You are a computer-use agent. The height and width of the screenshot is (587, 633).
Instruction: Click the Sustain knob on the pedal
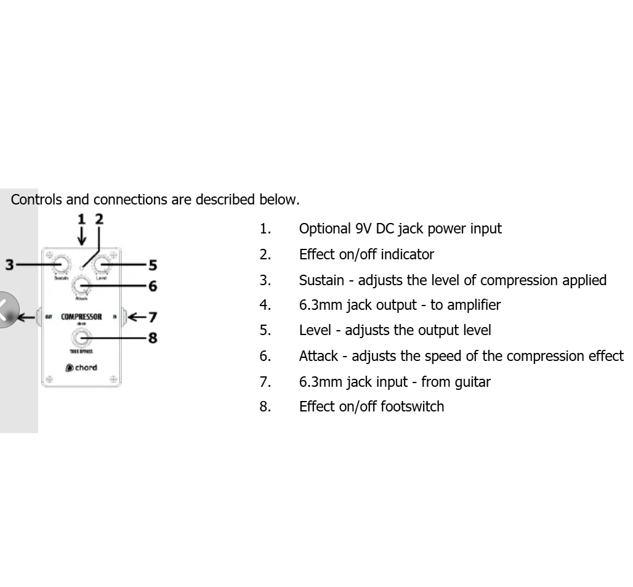[60, 264]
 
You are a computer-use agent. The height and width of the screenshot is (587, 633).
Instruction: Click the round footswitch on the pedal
[81, 337]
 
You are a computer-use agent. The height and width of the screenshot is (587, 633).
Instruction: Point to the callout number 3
[9, 265]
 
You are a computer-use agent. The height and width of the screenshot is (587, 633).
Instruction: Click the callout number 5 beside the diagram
[152, 265]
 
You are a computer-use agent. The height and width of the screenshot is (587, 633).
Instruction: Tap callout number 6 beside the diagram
[152, 286]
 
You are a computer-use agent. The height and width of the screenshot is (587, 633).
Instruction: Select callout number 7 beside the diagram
[152, 317]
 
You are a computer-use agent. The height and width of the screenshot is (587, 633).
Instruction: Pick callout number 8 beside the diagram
[152, 338]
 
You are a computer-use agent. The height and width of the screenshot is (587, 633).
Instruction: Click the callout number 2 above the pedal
[99, 219]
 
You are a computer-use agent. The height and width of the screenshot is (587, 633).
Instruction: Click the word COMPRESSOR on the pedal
[81, 317]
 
